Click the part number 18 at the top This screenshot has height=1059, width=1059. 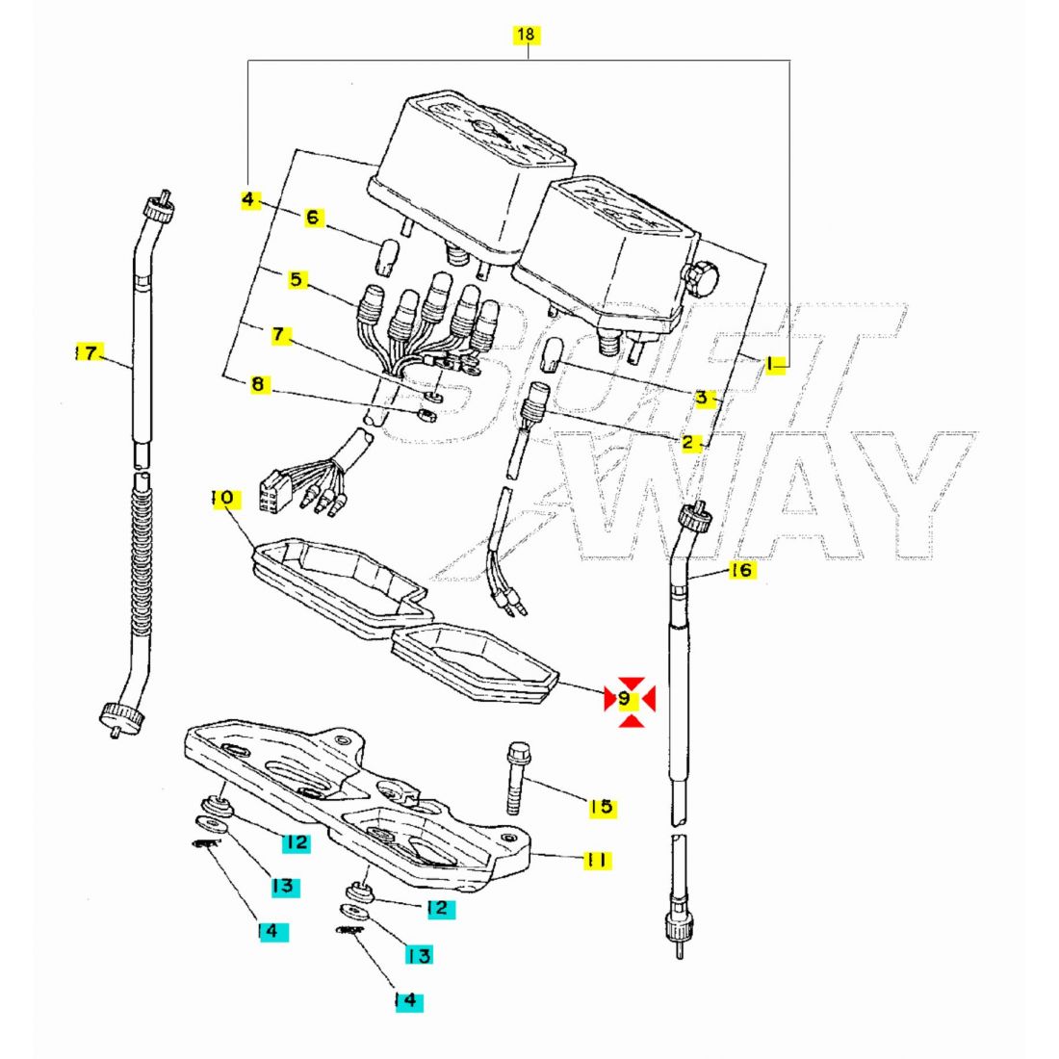(x=526, y=36)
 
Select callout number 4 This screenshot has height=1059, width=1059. (x=248, y=199)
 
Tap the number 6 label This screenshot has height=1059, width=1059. (x=312, y=218)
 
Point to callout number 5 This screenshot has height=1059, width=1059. (x=296, y=280)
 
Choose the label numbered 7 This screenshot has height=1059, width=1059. (x=278, y=335)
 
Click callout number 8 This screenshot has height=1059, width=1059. (x=257, y=384)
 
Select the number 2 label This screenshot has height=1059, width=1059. (x=688, y=443)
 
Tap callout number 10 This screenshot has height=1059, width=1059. (x=223, y=499)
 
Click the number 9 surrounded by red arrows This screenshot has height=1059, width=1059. (x=629, y=697)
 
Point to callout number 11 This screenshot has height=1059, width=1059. (x=597, y=860)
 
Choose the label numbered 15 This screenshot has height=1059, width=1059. (x=602, y=807)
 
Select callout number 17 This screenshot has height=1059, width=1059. (x=88, y=353)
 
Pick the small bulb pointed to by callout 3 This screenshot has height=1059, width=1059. (x=553, y=353)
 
